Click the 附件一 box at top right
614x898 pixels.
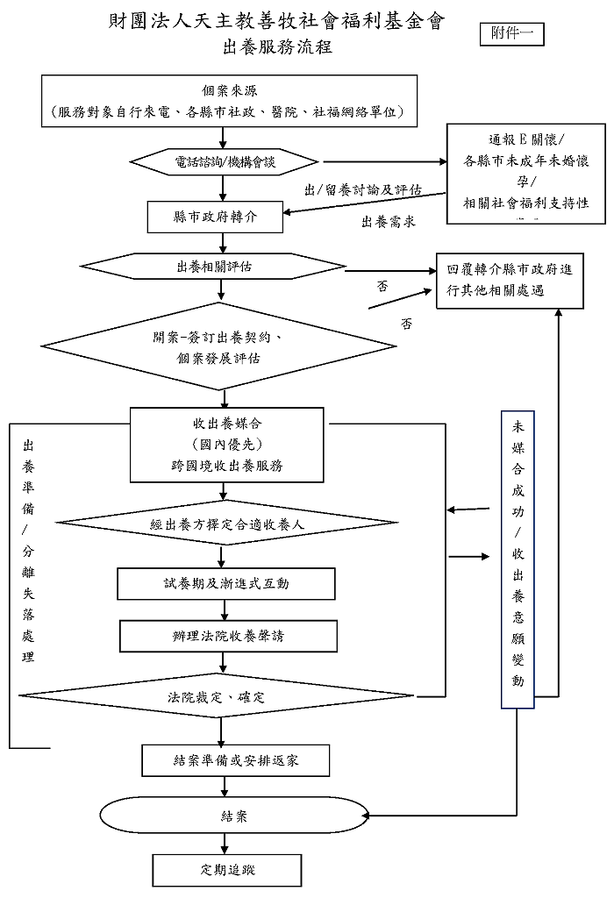coord(513,34)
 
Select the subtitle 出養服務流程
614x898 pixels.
coord(277,47)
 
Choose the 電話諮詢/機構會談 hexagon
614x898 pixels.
coord(225,162)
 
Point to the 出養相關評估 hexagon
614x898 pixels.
coord(214,266)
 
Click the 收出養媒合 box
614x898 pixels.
coord(227,444)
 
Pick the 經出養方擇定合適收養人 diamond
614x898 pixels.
coord(227,524)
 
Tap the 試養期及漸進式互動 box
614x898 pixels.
coord(226,583)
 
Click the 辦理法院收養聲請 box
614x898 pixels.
coord(228,636)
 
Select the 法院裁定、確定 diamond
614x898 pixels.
coord(217,697)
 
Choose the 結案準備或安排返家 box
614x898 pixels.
coord(236,760)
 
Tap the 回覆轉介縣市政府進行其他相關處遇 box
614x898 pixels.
coord(510,281)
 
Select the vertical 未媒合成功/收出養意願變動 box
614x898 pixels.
coord(518,558)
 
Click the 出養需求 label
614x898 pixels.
coord(388,223)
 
